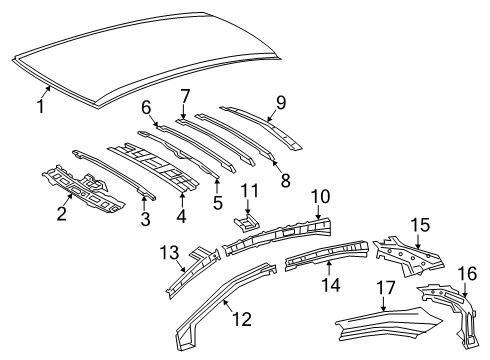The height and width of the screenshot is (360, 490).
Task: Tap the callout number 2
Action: coord(62,211)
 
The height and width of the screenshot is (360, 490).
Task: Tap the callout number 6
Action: coord(146,108)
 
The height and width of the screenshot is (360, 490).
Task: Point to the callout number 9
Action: coord(281,102)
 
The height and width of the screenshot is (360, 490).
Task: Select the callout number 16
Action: coord(467,274)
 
